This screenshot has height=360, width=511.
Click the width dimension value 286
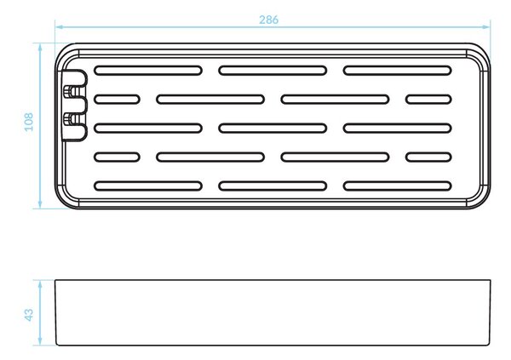(269, 20)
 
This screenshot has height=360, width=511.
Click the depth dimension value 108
(29, 123)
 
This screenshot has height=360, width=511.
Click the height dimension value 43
(29, 315)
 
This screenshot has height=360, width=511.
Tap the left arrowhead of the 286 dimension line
(59, 26)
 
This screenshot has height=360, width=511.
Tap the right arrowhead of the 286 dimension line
(486, 26)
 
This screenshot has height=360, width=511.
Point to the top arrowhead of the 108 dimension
(40, 48)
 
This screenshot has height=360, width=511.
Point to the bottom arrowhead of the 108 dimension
(40, 204)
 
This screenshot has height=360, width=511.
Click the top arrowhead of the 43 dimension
(40, 284)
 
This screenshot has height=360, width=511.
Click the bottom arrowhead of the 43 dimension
(40, 340)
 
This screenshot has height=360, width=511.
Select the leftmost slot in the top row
(148, 71)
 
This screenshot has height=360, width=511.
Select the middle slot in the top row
(273, 71)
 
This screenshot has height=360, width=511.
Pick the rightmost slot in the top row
(397, 71)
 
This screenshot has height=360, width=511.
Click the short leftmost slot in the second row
(117, 100)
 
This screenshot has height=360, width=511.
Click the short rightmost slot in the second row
(428, 100)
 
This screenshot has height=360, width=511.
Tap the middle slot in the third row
(273, 128)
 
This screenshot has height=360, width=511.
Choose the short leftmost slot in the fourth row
(117, 157)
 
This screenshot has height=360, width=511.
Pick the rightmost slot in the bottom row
(397, 186)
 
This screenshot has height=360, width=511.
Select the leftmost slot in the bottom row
(148, 186)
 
